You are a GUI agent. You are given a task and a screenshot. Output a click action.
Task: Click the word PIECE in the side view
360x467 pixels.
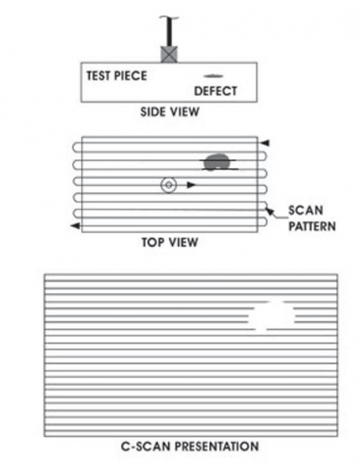tap(131, 75)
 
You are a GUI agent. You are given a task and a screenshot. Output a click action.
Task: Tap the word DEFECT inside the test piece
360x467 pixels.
tap(215, 91)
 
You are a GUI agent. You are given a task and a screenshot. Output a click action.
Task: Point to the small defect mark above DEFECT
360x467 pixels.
tap(213, 76)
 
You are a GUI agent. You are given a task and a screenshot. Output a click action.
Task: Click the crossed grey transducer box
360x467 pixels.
tap(169, 54)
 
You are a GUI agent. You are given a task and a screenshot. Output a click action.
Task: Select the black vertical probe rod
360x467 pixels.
tap(169, 31)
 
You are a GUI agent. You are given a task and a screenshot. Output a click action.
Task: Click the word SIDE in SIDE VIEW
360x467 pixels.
tap(152, 112)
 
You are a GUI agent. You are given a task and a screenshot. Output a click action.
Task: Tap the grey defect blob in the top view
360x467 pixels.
tap(217, 162)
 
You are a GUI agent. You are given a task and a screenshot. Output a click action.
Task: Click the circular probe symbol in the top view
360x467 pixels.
tap(169, 185)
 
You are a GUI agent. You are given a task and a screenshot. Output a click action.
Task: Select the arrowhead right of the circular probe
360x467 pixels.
tap(191, 185)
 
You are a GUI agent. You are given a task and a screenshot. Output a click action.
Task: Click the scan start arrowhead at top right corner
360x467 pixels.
tap(265, 143)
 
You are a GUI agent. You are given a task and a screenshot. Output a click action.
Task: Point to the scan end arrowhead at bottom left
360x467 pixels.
tap(75, 226)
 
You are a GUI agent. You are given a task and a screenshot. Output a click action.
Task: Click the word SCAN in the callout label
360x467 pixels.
tap(306, 211)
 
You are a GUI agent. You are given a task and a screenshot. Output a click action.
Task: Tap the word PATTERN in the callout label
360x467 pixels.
tap(312, 226)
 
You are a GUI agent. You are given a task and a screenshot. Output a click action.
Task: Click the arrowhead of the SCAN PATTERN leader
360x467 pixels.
tap(269, 211)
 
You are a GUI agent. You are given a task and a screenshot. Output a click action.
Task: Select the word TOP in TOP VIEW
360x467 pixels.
tap(152, 242)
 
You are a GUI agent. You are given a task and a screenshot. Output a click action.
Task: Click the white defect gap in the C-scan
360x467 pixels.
tap(271, 316)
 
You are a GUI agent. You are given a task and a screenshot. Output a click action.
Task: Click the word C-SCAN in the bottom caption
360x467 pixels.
tap(145, 447)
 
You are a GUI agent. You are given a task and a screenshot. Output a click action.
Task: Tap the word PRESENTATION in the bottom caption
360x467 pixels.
tap(217, 447)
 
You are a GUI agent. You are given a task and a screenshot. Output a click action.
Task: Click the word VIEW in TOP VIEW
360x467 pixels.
tap(182, 242)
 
